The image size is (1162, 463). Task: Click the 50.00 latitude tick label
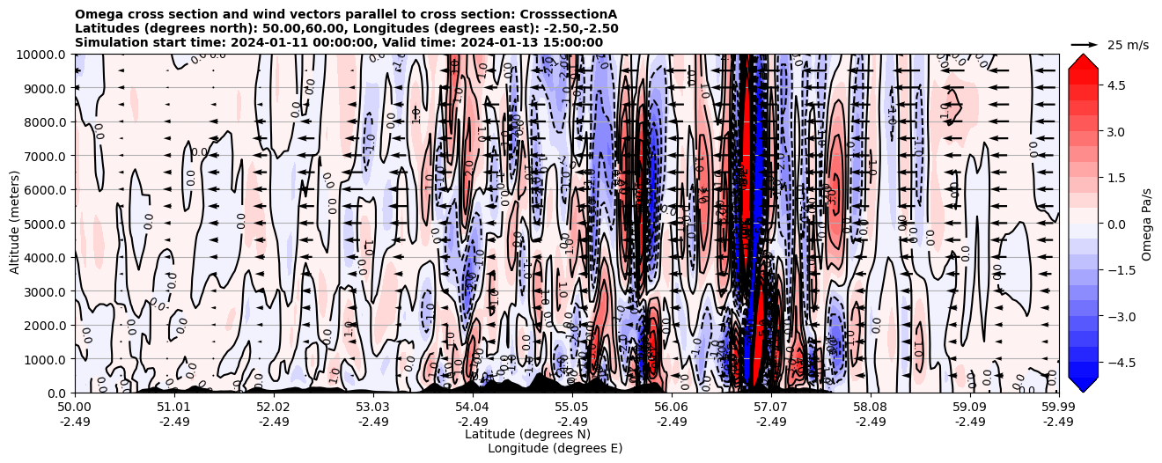tap(75, 407)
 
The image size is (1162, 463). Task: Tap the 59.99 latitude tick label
tap(1058, 407)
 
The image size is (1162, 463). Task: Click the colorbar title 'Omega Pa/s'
tap(1146, 224)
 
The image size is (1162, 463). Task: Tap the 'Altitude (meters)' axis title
tap(15, 224)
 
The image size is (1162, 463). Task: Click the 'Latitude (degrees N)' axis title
tap(527, 434)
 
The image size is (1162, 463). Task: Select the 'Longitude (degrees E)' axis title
tap(555, 448)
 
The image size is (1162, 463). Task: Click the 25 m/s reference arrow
tap(1085, 44)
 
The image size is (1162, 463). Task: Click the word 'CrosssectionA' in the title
tap(568, 14)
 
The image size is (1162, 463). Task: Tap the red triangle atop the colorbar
tap(1083, 60)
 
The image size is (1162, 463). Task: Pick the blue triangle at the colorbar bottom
tap(1083, 385)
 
